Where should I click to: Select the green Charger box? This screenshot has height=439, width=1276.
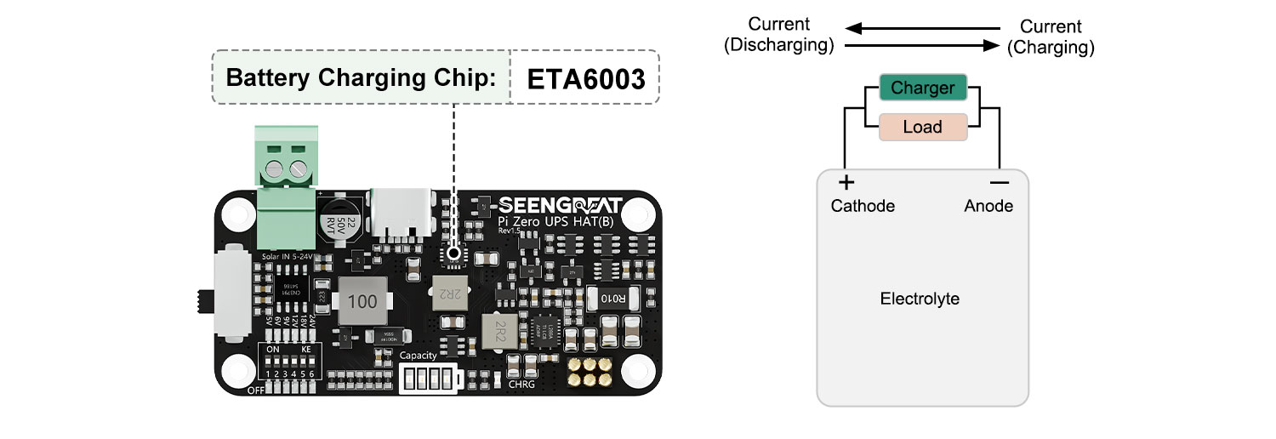point(922,88)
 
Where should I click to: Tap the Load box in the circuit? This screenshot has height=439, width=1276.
point(922,127)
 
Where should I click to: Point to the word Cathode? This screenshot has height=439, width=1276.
point(863,206)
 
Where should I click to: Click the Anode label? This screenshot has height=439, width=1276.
point(988,206)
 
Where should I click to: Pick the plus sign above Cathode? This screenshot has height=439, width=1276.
point(846,182)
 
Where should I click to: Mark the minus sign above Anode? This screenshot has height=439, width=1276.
point(1000,182)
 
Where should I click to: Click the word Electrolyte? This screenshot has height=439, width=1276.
point(920,299)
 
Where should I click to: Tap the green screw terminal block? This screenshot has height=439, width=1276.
point(286,187)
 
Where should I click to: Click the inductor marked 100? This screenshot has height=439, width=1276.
point(363,300)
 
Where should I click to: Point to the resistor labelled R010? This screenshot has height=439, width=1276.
point(613,299)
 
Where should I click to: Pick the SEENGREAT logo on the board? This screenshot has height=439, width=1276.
point(560,206)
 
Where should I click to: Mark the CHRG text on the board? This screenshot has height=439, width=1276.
point(521,385)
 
